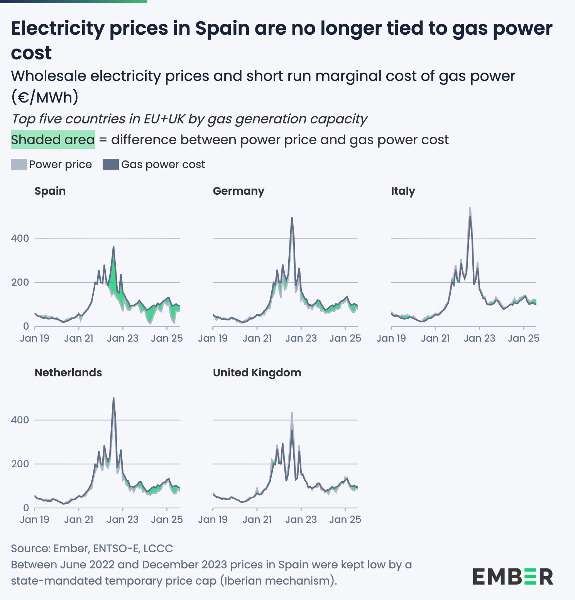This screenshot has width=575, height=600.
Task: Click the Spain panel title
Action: pyautogui.click(x=50, y=191)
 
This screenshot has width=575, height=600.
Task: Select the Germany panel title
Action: pyautogui.click(x=238, y=191)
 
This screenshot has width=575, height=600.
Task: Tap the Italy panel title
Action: pyautogui.click(x=403, y=191)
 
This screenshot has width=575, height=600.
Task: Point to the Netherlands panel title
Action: pyautogui.click(x=68, y=372)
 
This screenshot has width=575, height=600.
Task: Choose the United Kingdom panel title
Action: pyautogui.click(x=257, y=372)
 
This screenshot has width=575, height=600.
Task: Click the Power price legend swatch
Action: pyautogui.click(x=19, y=164)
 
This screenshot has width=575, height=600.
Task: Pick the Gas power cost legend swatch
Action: pyautogui.click(x=110, y=164)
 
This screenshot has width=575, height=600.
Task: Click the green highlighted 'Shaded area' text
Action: pyautogui.click(x=53, y=140)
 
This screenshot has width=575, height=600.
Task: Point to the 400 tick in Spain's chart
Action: pyautogui.click(x=20, y=238)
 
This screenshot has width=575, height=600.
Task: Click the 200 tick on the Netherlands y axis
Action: pyautogui.click(x=20, y=464)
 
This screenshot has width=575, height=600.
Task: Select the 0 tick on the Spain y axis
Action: pyautogui.click(x=26, y=326)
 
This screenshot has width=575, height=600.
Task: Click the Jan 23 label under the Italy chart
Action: pyautogui.click(x=479, y=338)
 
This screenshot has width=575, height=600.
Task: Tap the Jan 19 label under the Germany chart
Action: pyautogui.click(x=213, y=338)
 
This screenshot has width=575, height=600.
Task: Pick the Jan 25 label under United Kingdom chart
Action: pyautogui.click(x=345, y=519)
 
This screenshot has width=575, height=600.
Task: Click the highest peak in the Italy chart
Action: pyautogui.click(x=470, y=208)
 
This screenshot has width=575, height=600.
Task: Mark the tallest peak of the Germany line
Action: pyautogui.click(x=292, y=217)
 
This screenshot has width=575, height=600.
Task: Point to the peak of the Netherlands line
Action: pyautogui.click(x=113, y=398)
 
